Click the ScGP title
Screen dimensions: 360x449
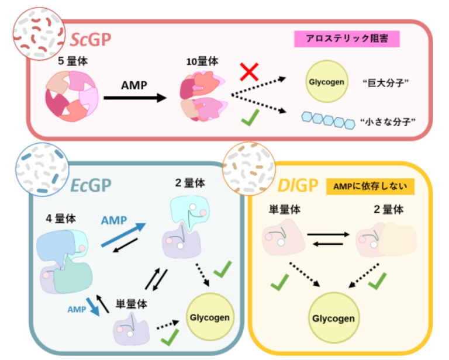(91, 40)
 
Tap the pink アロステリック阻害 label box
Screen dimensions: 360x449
(347, 39)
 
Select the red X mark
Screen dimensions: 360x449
(250, 73)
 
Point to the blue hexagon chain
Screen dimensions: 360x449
(328, 119)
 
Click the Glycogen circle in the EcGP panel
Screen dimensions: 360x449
(213, 317)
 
